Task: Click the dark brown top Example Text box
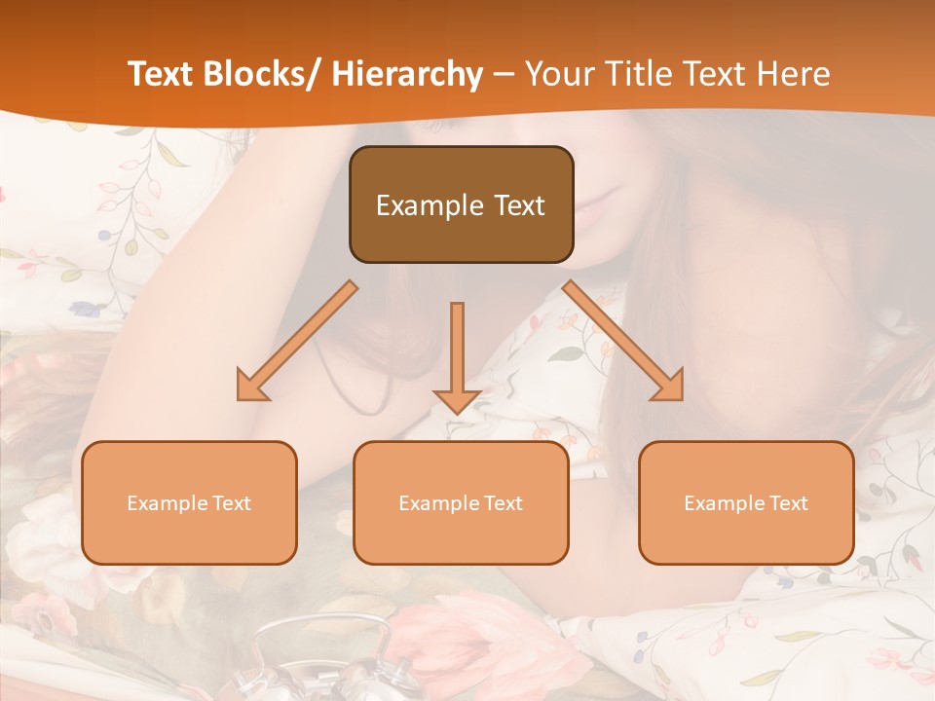click(x=461, y=204)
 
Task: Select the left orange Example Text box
click(x=189, y=502)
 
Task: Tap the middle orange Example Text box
click(x=461, y=502)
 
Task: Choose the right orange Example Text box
click(x=746, y=502)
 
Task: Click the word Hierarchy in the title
click(x=407, y=74)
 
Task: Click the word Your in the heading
click(x=558, y=74)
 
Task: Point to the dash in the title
click(x=504, y=75)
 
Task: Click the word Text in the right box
click(x=788, y=503)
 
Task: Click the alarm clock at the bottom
click(x=312, y=662)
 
